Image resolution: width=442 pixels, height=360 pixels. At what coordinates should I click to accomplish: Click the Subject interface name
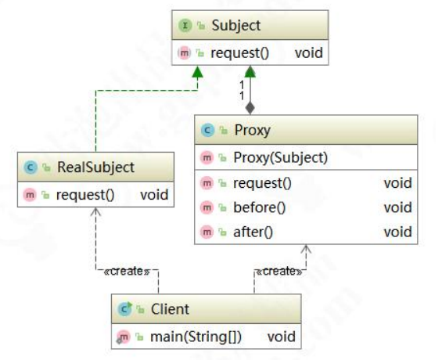(x=236, y=25)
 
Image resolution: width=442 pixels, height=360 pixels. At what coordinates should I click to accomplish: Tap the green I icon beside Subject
(x=185, y=25)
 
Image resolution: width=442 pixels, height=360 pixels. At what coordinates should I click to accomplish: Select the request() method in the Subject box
(x=240, y=53)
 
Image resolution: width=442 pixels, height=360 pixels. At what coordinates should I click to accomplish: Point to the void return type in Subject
(x=309, y=53)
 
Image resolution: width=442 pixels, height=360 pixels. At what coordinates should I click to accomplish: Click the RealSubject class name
(x=95, y=167)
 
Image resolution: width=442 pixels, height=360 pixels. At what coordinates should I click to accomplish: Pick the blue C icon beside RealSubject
(x=31, y=167)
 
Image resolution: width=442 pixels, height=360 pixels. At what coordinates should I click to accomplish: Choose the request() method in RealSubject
(x=85, y=195)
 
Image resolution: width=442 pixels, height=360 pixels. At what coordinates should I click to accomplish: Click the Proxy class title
(x=252, y=130)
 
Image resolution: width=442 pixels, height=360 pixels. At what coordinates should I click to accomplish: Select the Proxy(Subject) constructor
(x=281, y=157)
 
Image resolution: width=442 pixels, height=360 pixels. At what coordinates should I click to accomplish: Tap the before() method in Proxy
(x=260, y=207)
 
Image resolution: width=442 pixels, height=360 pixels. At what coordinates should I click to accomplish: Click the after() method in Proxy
(x=253, y=232)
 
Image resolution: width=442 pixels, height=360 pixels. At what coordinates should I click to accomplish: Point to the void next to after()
(x=397, y=232)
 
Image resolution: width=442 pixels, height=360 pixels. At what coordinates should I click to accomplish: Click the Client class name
(x=170, y=309)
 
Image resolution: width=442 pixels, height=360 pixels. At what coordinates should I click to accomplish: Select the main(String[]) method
(x=196, y=337)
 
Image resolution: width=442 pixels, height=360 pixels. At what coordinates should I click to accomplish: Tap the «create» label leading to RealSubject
(x=127, y=272)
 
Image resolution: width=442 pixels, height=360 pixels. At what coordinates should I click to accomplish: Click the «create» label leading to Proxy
(x=279, y=272)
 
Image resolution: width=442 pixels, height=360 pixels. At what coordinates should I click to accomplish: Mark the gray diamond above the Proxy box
(x=250, y=108)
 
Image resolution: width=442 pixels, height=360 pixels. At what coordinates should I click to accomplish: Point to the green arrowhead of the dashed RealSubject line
(x=197, y=72)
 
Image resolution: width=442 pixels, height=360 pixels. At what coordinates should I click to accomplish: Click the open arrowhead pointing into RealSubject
(x=96, y=212)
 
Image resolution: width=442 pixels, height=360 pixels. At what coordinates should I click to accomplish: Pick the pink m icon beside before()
(x=207, y=207)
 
